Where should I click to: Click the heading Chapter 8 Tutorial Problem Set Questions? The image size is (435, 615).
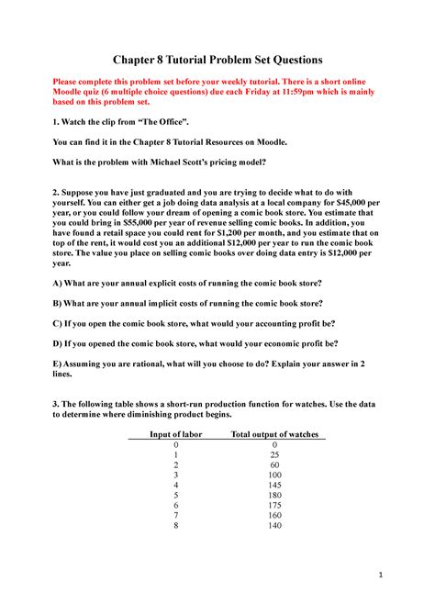[217, 60]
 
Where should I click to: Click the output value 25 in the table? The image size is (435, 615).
[275, 455]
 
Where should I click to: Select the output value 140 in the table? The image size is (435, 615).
[275, 527]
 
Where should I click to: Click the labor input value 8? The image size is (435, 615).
[174, 527]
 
